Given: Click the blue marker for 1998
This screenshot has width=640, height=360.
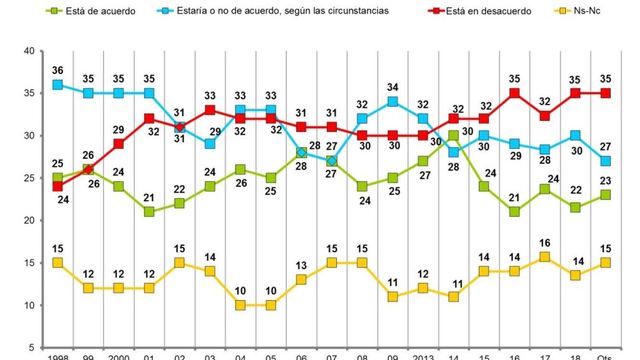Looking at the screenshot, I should pyautogui.click(x=58, y=85).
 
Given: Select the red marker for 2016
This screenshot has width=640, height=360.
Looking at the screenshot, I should pyautogui.click(x=514, y=93).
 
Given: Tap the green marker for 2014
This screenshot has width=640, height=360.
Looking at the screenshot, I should pyautogui.click(x=453, y=136).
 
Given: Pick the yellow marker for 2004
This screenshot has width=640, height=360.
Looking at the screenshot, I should pyautogui.click(x=240, y=305).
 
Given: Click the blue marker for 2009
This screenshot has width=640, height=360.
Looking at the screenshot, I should pyautogui.click(x=392, y=102).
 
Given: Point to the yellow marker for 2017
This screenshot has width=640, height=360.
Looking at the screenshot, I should pyautogui.click(x=545, y=257).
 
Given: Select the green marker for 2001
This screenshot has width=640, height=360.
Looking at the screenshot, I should pyautogui.click(x=149, y=212).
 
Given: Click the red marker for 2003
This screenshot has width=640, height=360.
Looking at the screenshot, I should pyautogui.click(x=210, y=110).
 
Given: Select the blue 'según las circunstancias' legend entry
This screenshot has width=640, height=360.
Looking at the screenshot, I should pyautogui.click(x=275, y=11).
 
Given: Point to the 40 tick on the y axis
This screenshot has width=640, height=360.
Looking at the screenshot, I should pyautogui.click(x=29, y=51).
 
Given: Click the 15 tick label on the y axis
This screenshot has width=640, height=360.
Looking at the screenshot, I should pyautogui.click(x=29, y=263).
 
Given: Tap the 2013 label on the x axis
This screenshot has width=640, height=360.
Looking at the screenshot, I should pyautogui.click(x=423, y=357).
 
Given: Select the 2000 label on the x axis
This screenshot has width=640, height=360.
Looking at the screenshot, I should pyautogui.click(x=118, y=357).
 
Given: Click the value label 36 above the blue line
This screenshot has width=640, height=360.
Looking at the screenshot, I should pyautogui.click(x=58, y=70).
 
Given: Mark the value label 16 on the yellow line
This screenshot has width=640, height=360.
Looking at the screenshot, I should pyautogui.click(x=545, y=243).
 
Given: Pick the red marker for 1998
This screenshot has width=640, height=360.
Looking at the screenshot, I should pyautogui.click(x=58, y=186).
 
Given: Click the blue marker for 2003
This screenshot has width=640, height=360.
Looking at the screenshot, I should pyautogui.click(x=210, y=144).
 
